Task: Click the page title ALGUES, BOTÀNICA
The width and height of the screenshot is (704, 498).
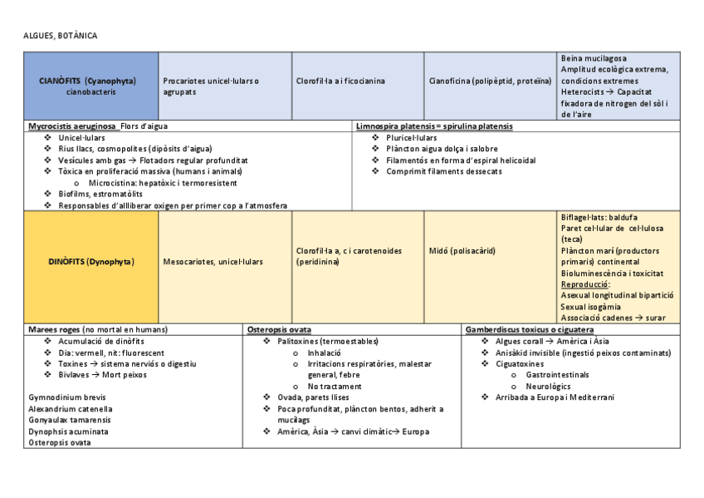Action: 60,37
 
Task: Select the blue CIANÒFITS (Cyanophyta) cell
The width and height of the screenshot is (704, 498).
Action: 91,86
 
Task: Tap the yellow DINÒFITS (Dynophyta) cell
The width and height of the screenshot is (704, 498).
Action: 91,262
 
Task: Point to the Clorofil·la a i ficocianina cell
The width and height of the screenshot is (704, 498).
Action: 340,81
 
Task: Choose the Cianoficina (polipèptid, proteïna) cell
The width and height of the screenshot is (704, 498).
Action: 490,81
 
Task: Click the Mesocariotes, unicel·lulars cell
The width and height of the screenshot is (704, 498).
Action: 213,262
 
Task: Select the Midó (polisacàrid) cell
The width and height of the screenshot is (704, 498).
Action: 462,250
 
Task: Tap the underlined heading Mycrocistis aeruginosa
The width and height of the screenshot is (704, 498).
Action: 71,126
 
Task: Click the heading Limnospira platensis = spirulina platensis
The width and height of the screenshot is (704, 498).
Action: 434,126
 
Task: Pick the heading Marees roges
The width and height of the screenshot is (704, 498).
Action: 55,330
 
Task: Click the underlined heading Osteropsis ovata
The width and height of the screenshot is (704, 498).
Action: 279,330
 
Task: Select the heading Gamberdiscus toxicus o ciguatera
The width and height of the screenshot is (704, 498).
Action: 529,330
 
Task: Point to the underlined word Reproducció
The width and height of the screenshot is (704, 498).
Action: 585,284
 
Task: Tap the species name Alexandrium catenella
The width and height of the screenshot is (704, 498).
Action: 70,409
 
